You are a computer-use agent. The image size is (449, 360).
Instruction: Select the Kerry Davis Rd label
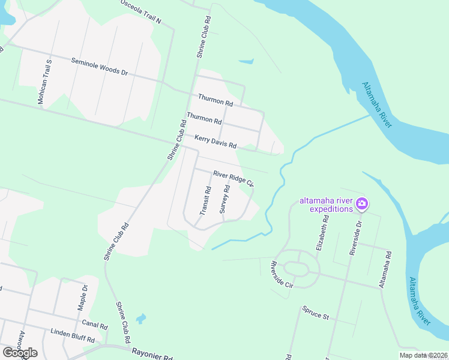click(215, 142)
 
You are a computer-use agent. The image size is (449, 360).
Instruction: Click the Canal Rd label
click(94, 325)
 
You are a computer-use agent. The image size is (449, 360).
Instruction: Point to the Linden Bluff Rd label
click(73, 335)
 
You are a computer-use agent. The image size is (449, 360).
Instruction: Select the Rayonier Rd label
click(152, 355)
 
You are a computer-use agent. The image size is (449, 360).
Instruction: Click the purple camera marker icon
click(362, 203)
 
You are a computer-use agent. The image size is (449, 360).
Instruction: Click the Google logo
click(20, 352)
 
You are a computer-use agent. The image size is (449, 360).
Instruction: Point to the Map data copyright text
click(423, 355)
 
